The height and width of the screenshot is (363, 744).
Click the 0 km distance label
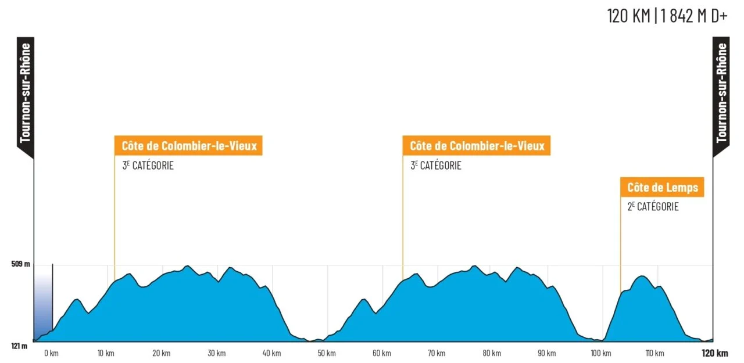coord(52,353)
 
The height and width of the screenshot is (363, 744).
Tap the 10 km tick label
coord(106,353)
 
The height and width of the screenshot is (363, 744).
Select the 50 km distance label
coord(327,353)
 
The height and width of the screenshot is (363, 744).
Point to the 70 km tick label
coord(437,353)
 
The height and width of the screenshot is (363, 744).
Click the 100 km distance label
coord(601,353)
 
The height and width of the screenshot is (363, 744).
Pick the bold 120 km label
coord(715,353)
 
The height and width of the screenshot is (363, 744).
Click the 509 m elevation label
coord(20,264)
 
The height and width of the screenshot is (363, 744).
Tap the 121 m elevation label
coord(19,346)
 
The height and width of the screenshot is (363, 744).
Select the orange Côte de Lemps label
coord(662,187)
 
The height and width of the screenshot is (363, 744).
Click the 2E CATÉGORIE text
coord(653,207)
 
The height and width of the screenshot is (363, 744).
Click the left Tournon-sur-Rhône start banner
coord(26,96)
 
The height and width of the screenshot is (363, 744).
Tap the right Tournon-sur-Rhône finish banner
coord(721,96)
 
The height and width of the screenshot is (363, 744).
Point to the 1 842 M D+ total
coord(694,16)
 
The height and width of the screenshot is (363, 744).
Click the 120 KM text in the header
coord(628,16)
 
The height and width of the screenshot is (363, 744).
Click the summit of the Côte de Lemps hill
coord(643,276)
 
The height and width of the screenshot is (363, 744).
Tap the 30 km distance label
coord(217,353)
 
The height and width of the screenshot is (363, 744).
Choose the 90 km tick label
coord(547,353)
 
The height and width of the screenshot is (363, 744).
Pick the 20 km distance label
coord(162,353)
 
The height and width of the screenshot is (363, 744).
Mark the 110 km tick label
coord(655,353)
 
